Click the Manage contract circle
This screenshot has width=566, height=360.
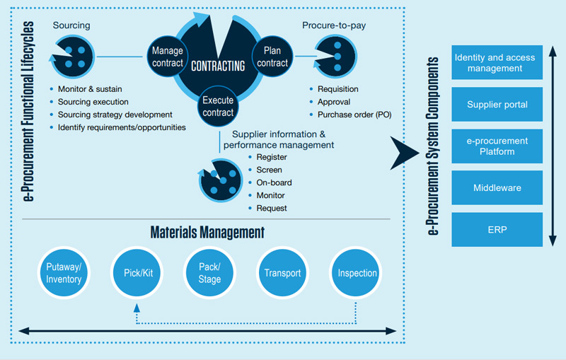[x=168, y=57]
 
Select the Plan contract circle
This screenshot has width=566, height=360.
[x=272, y=57]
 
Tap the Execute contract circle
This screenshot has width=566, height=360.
[x=219, y=107]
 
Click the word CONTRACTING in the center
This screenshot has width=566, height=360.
[x=218, y=66]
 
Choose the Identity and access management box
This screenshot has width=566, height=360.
[x=496, y=63]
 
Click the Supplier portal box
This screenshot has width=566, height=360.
[x=496, y=105]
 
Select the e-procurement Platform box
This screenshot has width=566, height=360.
[x=496, y=146]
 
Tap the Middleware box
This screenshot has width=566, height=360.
[x=496, y=188]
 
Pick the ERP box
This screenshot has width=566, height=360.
[x=496, y=230]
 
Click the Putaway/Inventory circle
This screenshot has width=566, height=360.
[x=64, y=273]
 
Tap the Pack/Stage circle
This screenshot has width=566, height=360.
[x=209, y=273]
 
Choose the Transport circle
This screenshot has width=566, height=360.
[x=282, y=273]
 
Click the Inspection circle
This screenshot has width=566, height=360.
[x=357, y=273]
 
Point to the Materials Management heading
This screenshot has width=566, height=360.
[x=207, y=232]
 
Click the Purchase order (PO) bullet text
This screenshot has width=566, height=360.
[x=354, y=115]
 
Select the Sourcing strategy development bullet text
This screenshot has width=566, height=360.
[x=115, y=115]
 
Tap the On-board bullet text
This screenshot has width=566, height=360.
[x=274, y=182]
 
